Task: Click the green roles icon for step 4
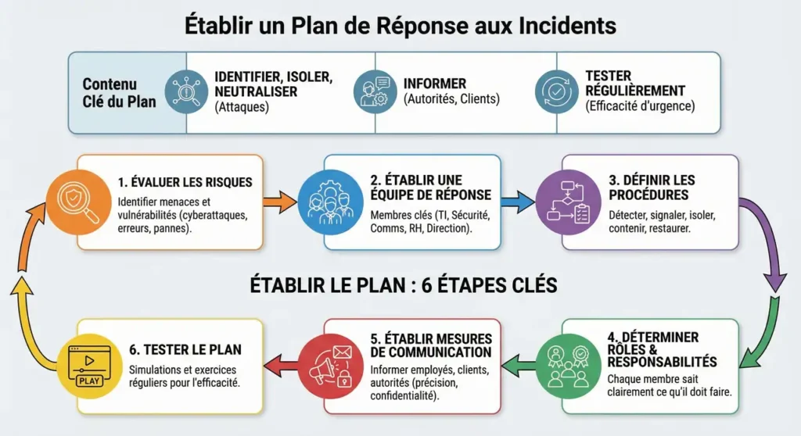coord(564,364)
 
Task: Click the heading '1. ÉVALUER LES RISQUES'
coord(185,182)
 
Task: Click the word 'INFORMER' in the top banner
coord(434,84)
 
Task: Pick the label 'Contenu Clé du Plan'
coord(110,92)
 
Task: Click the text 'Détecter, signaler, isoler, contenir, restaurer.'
coord(662,221)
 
